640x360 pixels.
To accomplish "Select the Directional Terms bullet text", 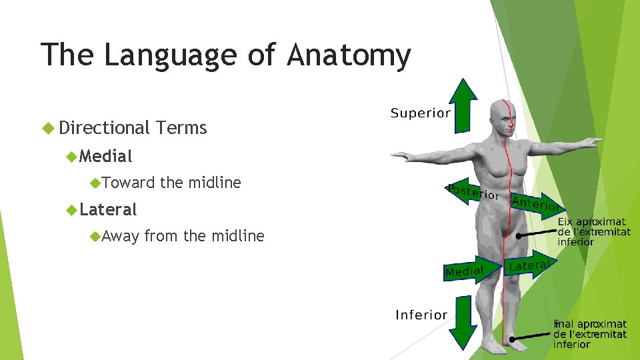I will (133, 127).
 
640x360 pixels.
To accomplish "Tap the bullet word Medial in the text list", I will (106, 157).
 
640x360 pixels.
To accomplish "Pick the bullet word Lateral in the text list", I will (108, 210).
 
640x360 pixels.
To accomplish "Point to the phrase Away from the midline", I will (183, 236).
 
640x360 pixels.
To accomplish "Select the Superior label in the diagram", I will (420, 113).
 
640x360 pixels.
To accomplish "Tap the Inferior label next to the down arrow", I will (421, 315).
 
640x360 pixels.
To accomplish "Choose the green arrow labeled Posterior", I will (472, 192).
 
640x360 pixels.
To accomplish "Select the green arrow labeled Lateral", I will (530, 264).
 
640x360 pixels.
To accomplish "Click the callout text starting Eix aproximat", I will (592, 231).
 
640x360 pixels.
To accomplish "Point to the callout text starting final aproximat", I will (590, 334).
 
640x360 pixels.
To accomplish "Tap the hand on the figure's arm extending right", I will (591, 142).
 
